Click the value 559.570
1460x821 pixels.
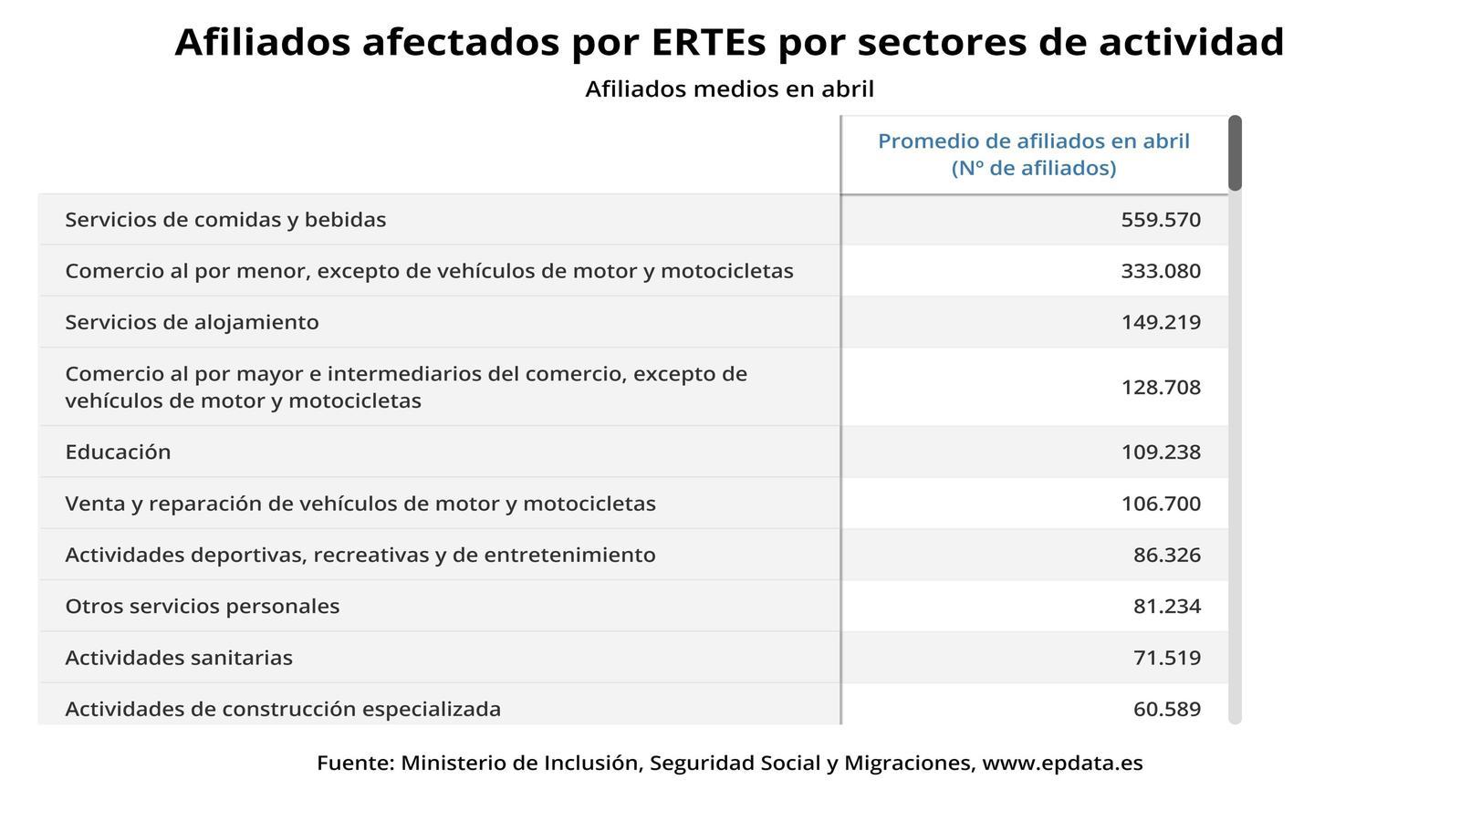click(1160, 220)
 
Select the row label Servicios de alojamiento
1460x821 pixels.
click(193, 322)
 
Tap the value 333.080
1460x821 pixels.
click(1160, 271)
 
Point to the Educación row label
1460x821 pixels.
click(118, 452)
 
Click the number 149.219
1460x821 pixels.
click(1160, 323)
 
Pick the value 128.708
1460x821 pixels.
click(1160, 388)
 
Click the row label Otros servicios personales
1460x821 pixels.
click(202, 606)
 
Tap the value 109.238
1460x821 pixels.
click(1160, 452)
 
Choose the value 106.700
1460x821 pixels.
click(1160, 504)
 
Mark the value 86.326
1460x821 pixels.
click(1167, 556)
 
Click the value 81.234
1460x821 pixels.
click(1167, 607)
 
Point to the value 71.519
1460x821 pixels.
click(1167, 658)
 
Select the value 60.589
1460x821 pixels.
click(1167, 709)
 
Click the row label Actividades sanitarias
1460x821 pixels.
click(179, 658)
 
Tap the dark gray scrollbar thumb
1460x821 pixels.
click(1235, 153)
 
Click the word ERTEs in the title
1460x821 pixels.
click(708, 42)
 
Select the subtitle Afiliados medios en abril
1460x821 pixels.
click(729, 88)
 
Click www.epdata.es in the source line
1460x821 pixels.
click(1062, 763)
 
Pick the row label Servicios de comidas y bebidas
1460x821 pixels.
click(225, 220)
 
